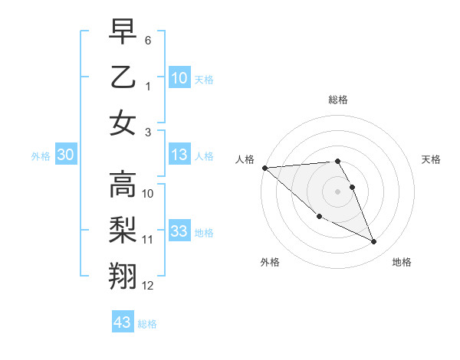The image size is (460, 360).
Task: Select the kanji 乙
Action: click(123, 77)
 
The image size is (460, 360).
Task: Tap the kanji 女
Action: click(123, 123)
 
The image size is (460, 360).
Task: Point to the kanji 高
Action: click(123, 185)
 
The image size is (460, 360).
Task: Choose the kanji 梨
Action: click(123, 231)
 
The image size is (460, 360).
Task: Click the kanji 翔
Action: click(123, 277)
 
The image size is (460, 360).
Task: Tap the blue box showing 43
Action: click(123, 322)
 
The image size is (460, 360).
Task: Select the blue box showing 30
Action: click(66, 155)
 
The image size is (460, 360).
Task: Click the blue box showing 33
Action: click(179, 231)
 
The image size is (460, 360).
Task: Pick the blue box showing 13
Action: click(179, 155)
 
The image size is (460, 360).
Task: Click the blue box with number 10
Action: click(179, 77)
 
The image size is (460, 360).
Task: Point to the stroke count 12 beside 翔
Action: click(148, 286)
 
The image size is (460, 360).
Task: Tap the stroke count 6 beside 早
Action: click(148, 39)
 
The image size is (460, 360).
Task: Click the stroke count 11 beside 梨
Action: click(148, 240)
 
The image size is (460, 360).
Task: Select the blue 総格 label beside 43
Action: click(147, 324)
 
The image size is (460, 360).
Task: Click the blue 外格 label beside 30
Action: click(41, 156)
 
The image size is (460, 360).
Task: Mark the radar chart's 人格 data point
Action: click(264, 168)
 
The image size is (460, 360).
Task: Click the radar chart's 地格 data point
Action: click(374, 242)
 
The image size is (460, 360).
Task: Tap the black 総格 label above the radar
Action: click(338, 100)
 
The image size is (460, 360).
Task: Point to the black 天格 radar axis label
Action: click(432, 159)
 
